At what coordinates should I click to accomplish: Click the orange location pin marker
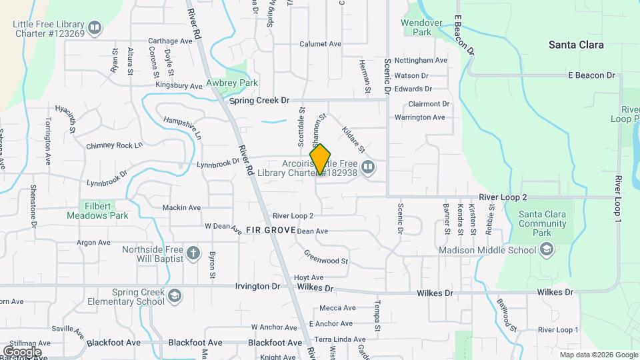click(321, 159)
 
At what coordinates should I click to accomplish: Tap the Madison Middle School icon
click(547, 250)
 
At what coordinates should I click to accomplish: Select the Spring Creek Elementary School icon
click(175, 296)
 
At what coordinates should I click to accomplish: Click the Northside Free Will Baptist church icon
click(193, 253)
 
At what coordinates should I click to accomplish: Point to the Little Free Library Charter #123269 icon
click(95, 28)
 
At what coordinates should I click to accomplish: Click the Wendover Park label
click(421, 27)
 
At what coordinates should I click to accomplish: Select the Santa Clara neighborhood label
click(576, 45)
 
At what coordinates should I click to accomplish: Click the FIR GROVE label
click(270, 230)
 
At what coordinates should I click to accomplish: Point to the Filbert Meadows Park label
click(97, 211)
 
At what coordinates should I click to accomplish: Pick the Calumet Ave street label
click(320, 44)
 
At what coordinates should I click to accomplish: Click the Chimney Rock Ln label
click(114, 145)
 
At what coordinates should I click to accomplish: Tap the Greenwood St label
click(326, 257)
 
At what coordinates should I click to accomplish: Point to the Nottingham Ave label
click(421, 60)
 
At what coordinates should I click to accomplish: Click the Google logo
click(22, 351)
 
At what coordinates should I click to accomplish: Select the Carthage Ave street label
click(170, 41)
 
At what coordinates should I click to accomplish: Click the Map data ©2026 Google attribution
click(598, 355)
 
